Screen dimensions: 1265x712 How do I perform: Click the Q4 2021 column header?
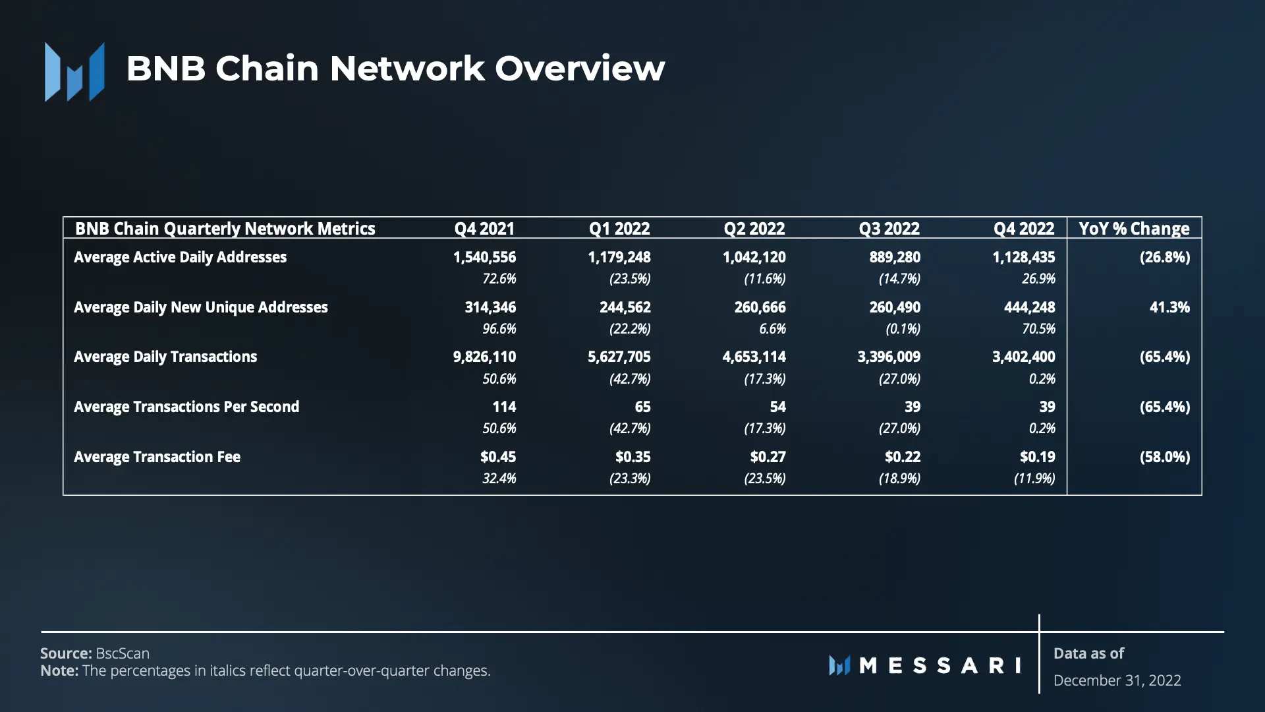point(484,229)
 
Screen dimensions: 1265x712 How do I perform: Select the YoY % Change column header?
point(1134,229)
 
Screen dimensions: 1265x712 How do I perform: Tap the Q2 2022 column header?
point(754,229)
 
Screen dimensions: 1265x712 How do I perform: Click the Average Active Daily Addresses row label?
point(180,257)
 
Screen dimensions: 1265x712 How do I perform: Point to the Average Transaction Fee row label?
point(157,457)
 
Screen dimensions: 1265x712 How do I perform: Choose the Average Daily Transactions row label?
point(165,357)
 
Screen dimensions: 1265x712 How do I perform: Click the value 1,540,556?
point(484,257)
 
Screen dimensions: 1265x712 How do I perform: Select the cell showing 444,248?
point(1025,307)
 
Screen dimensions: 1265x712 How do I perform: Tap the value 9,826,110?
point(484,357)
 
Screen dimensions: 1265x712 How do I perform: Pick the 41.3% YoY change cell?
point(1169,307)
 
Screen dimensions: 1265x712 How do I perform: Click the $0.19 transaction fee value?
point(1037,457)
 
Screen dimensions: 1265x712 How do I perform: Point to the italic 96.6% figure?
point(499,328)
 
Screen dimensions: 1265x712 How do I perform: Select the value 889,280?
point(895,257)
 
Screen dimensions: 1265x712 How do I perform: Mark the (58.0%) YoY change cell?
point(1165,457)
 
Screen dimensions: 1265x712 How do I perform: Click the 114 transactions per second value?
point(504,407)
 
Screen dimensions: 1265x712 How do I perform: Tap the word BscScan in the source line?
point(123,653)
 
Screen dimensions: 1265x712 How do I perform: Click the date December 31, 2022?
point(1117,680)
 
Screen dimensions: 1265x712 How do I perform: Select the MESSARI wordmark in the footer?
point(925,665)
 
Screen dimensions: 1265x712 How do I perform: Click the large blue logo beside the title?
point(74,72)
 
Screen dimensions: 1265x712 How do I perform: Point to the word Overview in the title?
point(580,69)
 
